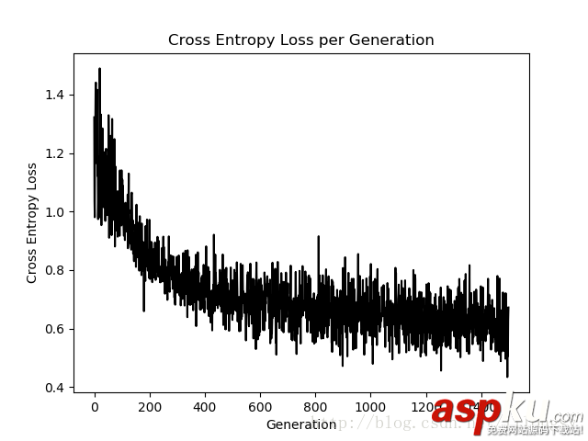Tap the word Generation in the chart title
click(395, 40)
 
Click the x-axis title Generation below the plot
click(300, 425)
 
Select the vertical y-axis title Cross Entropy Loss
click(32, 222)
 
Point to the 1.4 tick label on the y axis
click(56, 95)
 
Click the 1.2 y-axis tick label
click(56, 153)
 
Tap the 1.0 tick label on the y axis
click(56, 212)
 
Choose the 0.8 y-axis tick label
click(56, 270)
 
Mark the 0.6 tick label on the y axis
click(56, 329)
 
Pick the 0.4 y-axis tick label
click(56, 388)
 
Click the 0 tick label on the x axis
click(95, 406)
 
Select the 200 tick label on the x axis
click(150, 406)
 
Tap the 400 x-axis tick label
click(205, 406)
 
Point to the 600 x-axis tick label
click(260, 406)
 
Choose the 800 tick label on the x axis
click(315, 406)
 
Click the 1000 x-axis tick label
click(370, 406)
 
